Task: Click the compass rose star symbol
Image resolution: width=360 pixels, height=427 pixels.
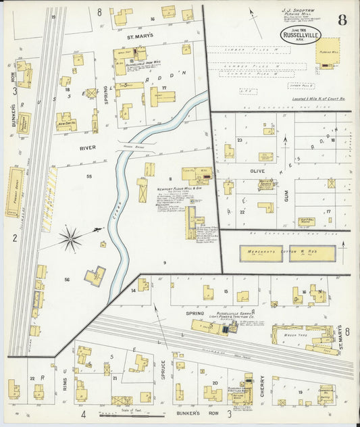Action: point(70,237)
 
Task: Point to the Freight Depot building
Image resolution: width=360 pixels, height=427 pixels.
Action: point(14,193)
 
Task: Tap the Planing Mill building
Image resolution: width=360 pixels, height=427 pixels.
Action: point(328,53)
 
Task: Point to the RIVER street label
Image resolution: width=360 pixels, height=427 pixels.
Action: point(88,147)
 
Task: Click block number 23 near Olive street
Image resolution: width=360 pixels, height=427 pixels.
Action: point(239,140)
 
